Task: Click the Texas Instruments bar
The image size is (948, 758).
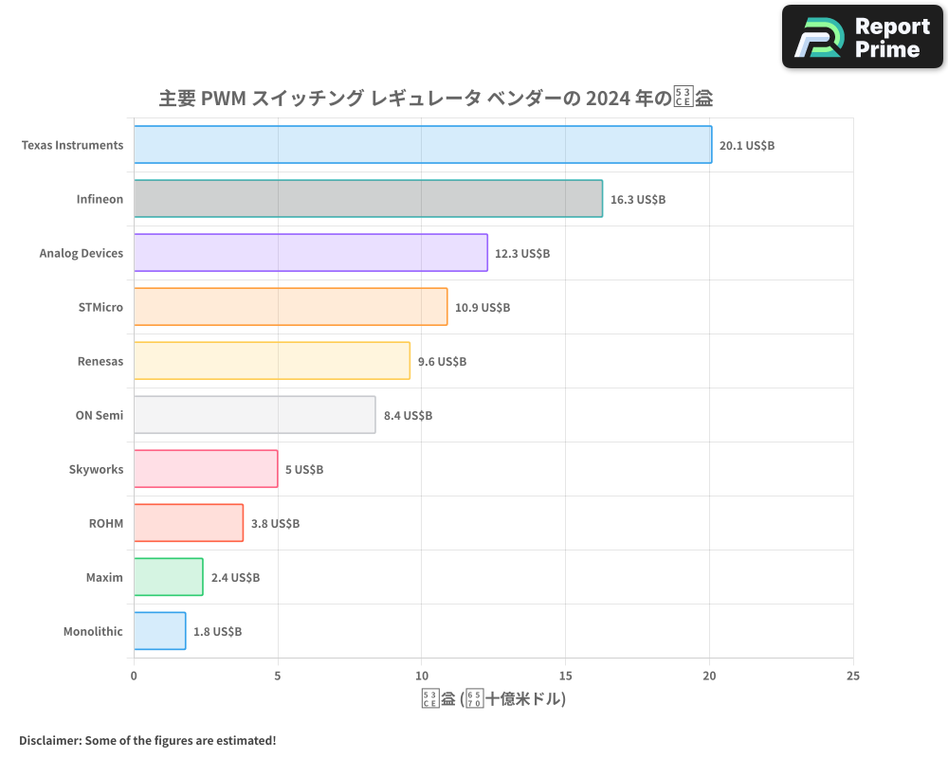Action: (x=422, y=145)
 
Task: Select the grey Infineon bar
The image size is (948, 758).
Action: (x=368, y=199)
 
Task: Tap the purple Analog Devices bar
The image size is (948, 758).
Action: (x=310, y=253)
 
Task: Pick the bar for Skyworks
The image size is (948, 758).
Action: (x=205, y=469)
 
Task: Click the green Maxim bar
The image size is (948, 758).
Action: (x=168, y=577)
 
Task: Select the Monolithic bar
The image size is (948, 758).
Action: (x=159, y=631)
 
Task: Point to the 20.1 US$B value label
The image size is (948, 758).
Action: (x=747, y=146)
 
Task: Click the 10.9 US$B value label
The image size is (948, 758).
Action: (x=483, y=308)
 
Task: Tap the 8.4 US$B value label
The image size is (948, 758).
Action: (x=408, y=416)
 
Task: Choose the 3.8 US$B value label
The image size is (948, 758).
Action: (x=275, y=524)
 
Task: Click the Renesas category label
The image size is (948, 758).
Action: (x=100, y=361)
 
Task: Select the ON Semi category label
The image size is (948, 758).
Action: (x=100, y=415)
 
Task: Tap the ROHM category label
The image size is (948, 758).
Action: (x=106, y=523)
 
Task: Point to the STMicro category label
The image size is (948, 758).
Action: (x=100, y=307)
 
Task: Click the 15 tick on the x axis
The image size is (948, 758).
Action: (x=565, y=677)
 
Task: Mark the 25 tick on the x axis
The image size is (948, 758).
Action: (x=853, y=677)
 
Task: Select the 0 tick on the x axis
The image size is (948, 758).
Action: (x=134, y=677)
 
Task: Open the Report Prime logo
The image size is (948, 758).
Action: (x=863, y=37)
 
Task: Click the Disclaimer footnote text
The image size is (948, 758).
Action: (x=147, y=740)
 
